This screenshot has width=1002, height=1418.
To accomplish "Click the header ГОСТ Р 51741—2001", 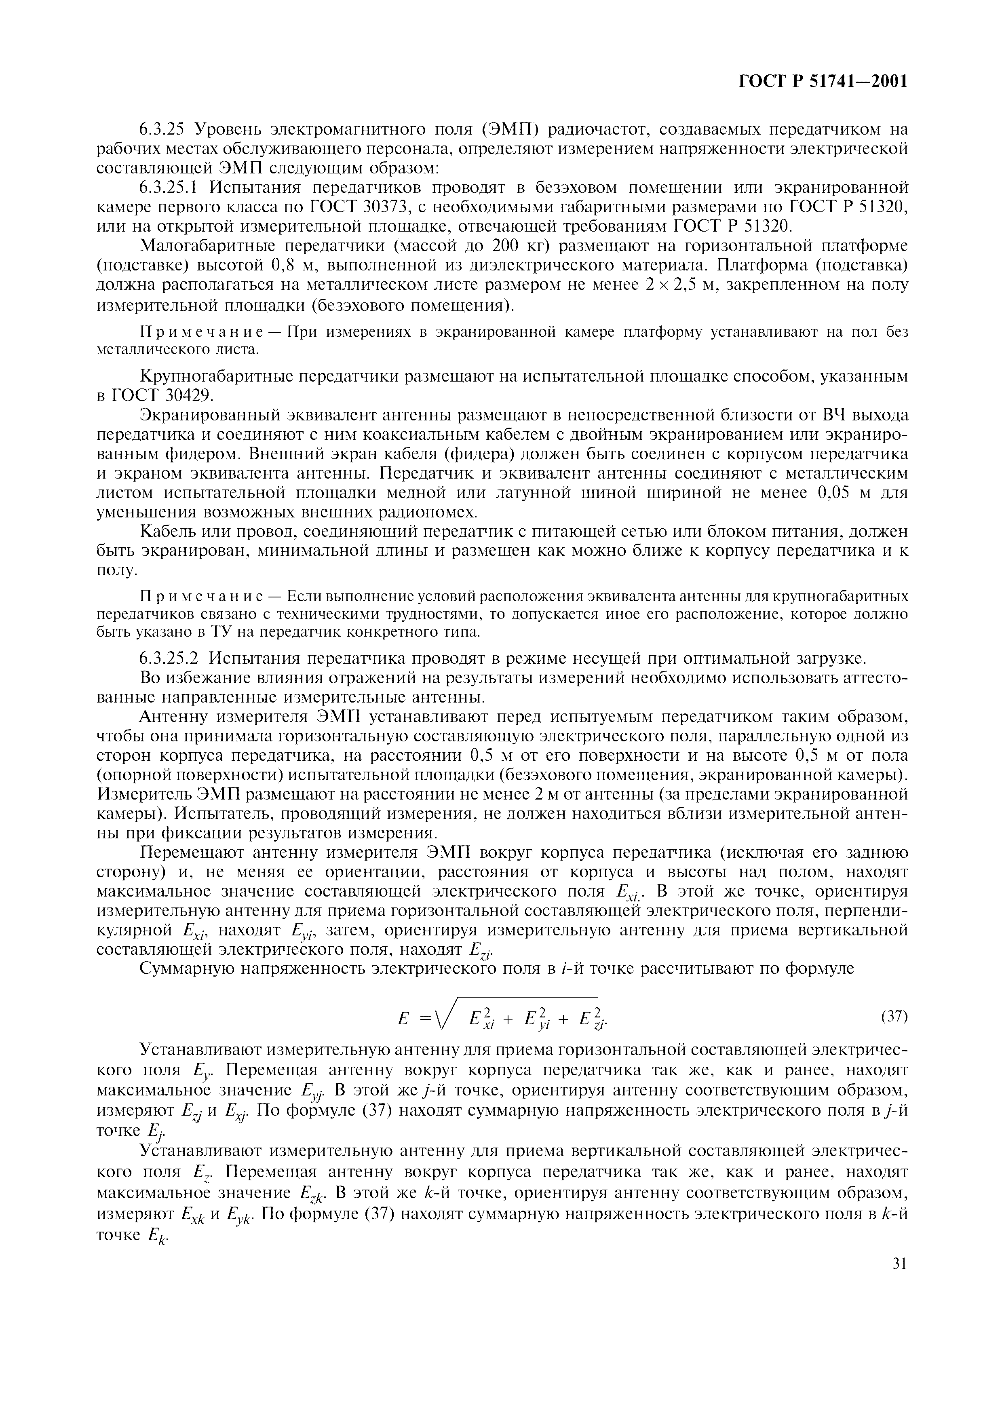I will pos(823,82).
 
